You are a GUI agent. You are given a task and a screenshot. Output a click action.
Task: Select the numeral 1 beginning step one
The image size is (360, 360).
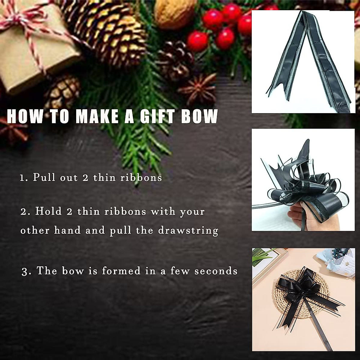click(22, 178)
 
